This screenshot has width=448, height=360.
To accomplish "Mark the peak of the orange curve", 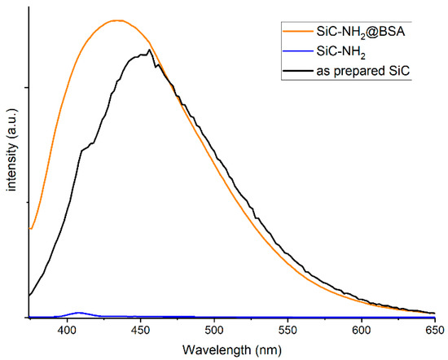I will click(x=117, y=20).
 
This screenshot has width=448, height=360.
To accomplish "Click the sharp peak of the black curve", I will click(x=149, y=51).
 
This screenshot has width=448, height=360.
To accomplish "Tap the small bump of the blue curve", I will click(x=79, y=313).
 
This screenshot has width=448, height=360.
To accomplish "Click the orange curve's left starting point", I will click(x=30, y=229).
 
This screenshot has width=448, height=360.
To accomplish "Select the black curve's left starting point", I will click(x=30, y=295).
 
